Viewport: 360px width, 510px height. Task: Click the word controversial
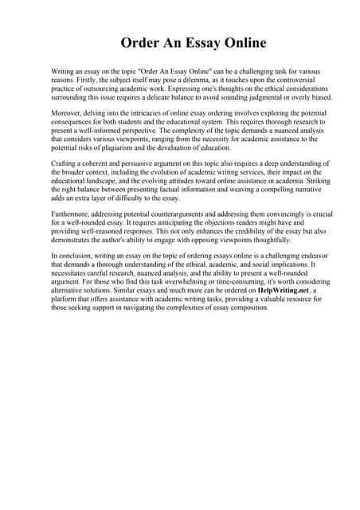click(280, 80)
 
